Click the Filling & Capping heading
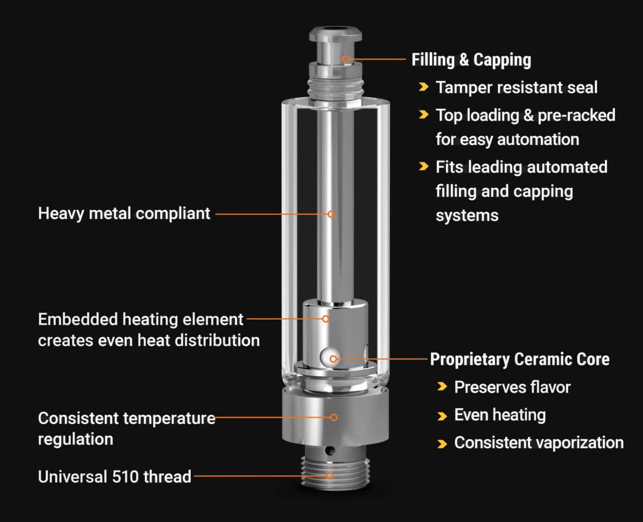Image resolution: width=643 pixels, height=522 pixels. point(471,59)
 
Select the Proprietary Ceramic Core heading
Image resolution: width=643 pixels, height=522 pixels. point(519,359)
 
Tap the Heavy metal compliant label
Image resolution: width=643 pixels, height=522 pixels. point(124,214)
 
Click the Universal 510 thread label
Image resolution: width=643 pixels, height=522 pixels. point(114,476)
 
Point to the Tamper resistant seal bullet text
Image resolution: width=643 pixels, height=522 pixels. point(516,87)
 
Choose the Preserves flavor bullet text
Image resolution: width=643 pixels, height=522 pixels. point(512,387)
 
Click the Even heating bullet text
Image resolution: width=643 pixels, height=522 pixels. point(499,415)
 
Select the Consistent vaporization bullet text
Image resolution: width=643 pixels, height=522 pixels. point(539,443)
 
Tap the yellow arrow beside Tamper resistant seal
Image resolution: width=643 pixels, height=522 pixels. point(424,87)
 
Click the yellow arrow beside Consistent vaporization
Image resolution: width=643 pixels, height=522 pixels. point(442,443)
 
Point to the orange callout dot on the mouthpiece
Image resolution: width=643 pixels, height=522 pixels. point(346,59)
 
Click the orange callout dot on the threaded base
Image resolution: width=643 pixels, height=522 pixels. point(330,475)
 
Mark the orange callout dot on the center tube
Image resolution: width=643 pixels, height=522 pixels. point(331,214)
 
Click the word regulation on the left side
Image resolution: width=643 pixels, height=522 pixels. point(75,439)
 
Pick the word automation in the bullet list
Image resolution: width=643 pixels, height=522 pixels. point(538,139)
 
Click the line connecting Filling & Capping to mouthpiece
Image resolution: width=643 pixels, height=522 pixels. point(378,59)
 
